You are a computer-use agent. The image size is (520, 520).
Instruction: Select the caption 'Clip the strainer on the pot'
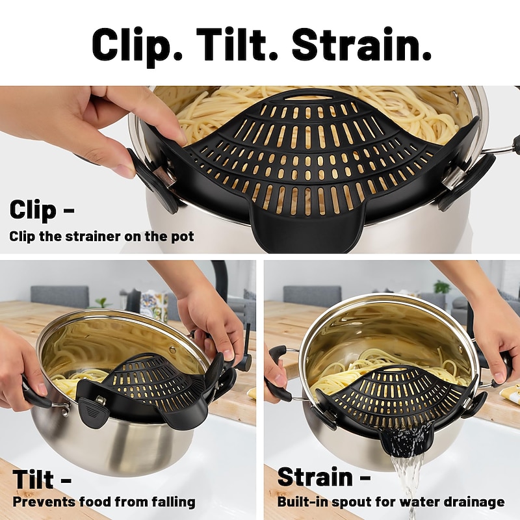(x=101, y=237)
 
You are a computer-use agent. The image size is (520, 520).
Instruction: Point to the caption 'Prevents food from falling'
(x=104, y=502)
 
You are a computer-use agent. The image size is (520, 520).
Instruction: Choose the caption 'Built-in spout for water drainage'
(x=391, y=502)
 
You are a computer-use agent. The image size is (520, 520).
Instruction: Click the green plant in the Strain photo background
(x=442, y=287)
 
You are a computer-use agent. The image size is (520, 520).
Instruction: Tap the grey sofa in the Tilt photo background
(x=60, y=296)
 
